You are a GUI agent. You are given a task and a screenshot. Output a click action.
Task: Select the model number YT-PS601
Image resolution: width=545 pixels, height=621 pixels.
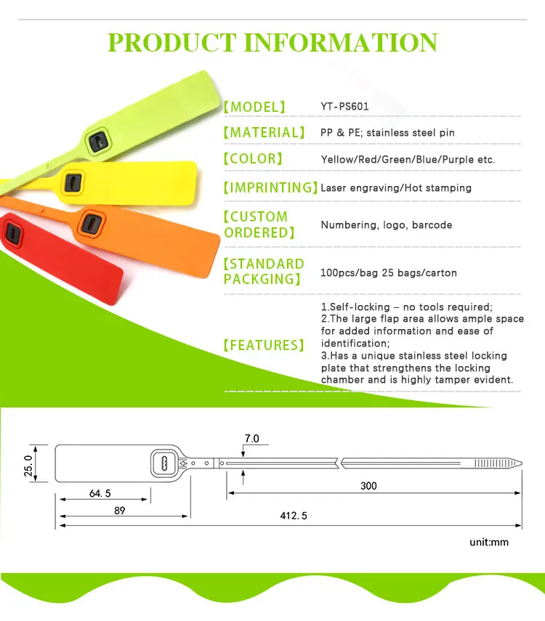pyautogui.click(x=345, y=107)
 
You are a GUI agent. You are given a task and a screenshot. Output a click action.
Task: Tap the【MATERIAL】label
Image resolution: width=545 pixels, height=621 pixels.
pyautogui.click(x=264, y=133)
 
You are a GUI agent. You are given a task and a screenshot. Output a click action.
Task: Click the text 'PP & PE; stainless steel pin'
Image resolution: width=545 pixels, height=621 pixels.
pyautogui.click(x=387, y=133)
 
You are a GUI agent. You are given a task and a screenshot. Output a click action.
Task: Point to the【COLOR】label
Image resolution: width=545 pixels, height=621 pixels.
pyautogui.click(x=252, y=159)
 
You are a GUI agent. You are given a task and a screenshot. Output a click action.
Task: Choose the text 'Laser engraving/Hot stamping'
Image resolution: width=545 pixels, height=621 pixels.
pyautogui.click(x=396, y=187)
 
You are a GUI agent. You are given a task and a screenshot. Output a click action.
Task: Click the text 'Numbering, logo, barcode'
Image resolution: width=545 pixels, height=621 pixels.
pyautogui.click(x=387, y=224)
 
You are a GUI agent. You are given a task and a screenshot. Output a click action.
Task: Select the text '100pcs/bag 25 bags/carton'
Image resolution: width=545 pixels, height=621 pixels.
pyautogui.click(x=389, y=273)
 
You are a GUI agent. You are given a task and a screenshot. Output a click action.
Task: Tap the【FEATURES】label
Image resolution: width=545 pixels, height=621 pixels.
pyautogui.click(x=264, y=345)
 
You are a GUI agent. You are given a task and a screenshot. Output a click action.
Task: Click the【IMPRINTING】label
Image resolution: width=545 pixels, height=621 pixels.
pyautogui.click(x=270, y=187)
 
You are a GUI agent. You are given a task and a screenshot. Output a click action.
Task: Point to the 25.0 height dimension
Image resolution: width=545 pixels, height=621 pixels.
pyautogui.click(x=28, y=463)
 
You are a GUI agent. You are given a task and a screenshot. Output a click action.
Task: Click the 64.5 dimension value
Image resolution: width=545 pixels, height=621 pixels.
pyautogui.click(x=100, y=493)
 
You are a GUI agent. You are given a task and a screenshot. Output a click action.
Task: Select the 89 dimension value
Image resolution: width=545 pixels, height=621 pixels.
pyautogui.click(x=119, y=511)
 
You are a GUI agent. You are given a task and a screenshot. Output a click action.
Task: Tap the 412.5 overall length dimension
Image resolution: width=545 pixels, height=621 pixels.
pyautogui.click(x=294, y=516)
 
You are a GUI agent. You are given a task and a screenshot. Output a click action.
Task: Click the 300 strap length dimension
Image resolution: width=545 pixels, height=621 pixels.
pyautogui.click(x=368, y=486)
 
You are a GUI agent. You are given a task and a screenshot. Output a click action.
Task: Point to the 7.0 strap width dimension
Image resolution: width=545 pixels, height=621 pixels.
pyautogui.click(x=251, y=439)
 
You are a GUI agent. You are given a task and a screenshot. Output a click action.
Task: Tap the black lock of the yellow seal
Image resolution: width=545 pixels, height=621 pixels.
pyautogui.click(x=73, y=181)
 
